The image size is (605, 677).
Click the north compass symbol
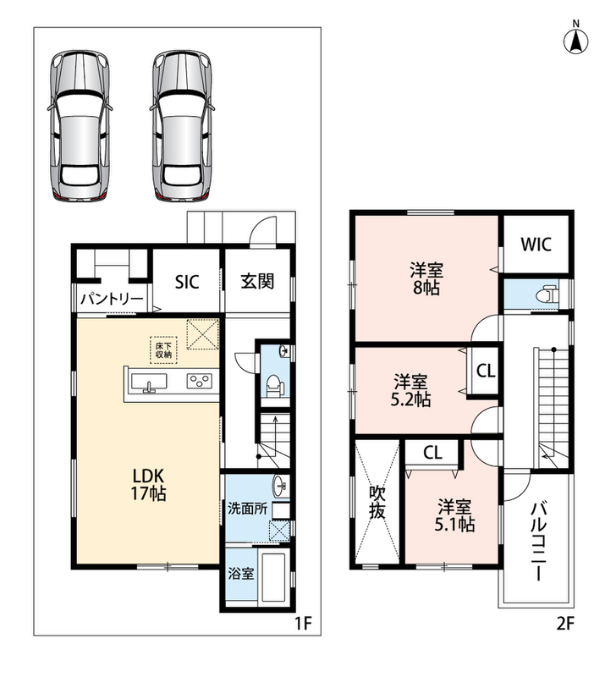576,38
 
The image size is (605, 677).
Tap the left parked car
79,125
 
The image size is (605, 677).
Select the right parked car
183,125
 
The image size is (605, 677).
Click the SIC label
187,282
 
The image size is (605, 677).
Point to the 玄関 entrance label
257,282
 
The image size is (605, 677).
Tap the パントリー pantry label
112,299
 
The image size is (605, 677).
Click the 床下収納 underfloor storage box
163,350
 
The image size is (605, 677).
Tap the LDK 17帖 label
148,484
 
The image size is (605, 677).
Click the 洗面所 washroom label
247,509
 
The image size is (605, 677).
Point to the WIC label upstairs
536,245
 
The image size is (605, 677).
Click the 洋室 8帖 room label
426,279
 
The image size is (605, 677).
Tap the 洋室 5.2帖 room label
410,391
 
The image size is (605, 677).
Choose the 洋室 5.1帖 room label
454,515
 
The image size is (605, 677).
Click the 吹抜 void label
377,502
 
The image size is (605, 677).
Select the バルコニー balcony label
538,541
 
